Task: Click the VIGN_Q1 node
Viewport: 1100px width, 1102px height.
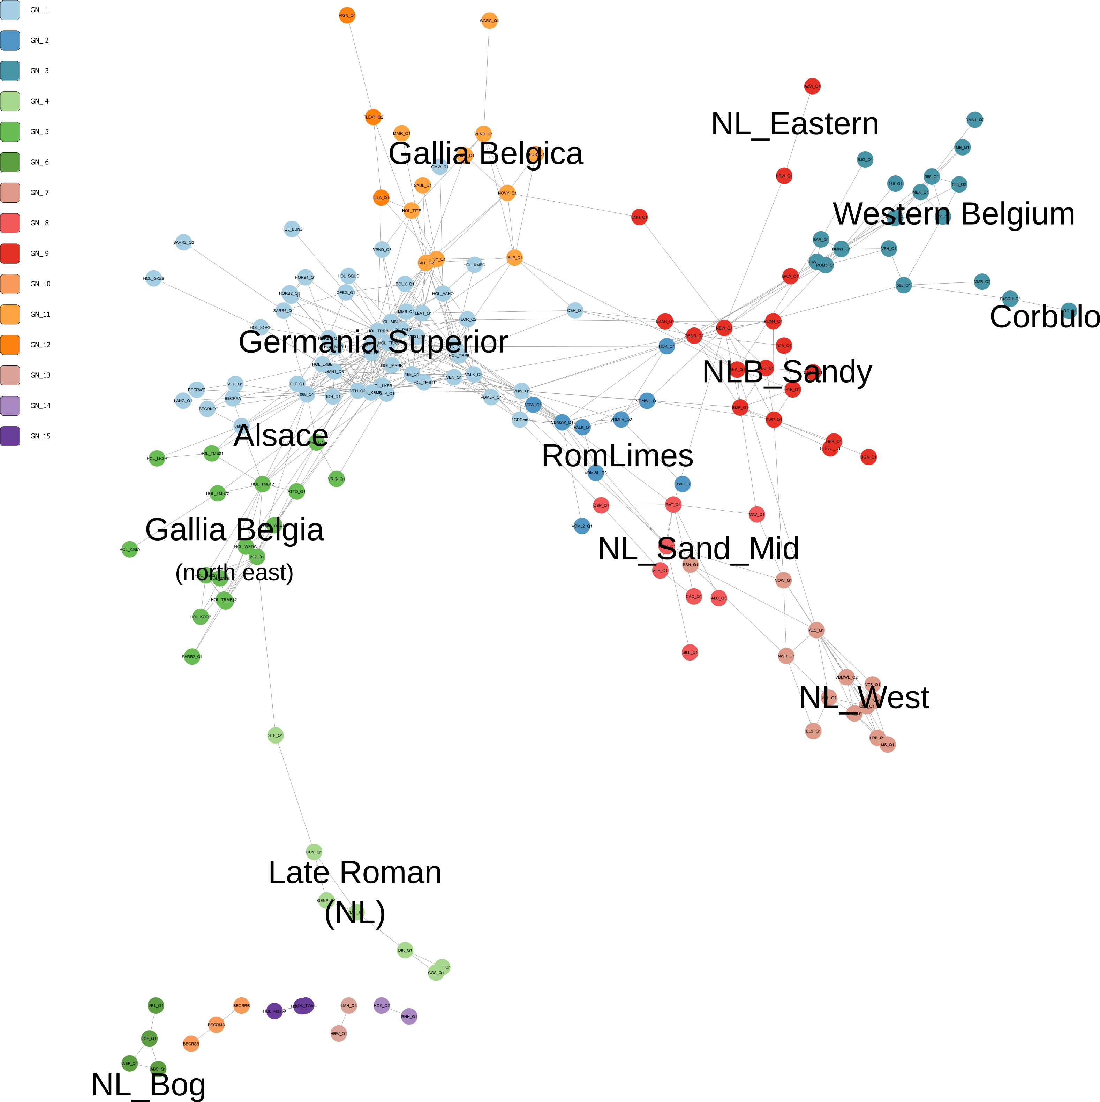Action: point(347,15)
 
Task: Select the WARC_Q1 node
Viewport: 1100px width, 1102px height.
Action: point(489,21)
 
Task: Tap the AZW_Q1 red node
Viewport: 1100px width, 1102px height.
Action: point(812,86)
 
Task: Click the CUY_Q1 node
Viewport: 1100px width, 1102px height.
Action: point(314,852)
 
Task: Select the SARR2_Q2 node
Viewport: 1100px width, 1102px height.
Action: point(183,242)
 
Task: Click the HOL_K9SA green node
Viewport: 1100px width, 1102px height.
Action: point(129,549)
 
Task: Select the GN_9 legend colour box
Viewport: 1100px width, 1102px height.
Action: point(10,253)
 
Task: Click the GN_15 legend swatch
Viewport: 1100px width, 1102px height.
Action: point(10,436)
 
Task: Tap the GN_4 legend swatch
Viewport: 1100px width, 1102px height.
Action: point(10,101)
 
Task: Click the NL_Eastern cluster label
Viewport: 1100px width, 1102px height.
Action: point(795,124)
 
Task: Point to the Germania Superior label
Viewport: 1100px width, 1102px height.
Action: point(373,342)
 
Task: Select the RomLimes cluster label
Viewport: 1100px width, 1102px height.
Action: point(617,456)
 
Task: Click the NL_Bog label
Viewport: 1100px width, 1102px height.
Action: point(148,1084)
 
